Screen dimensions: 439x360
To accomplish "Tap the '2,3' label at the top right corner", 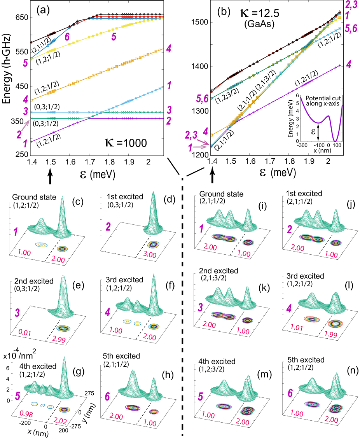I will click(x=351, y=5).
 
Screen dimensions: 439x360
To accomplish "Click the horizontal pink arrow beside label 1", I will click(x=202, y=147).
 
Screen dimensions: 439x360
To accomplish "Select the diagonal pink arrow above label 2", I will click(x=25, y=126).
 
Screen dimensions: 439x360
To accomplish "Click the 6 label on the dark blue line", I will click(x=67, y=37).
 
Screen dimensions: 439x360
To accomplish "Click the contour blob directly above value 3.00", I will click(x=153, y=245).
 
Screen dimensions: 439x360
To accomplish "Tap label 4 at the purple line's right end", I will click(x=349, y=64).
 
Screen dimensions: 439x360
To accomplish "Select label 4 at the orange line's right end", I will click(x=168, y=49).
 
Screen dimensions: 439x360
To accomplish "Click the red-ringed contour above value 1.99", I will click(x=335, y=323).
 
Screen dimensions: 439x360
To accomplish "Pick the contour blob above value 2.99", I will click(x=63, y=329).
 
